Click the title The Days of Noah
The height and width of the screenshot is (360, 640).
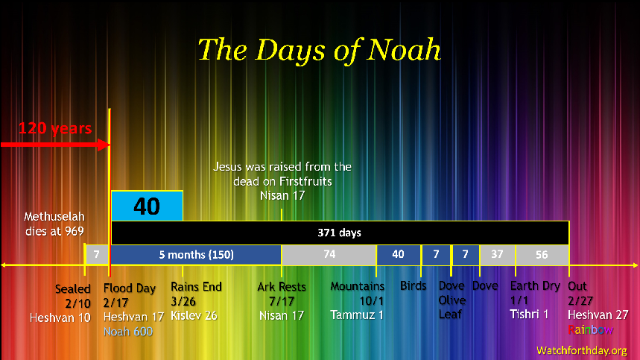click(319, 50)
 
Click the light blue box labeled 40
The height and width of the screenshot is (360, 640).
click(147, 206)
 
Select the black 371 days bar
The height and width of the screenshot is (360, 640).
click(340, 233)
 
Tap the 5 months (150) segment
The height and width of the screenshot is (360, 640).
click(196, 255)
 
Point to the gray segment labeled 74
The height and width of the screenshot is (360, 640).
click(329, 255)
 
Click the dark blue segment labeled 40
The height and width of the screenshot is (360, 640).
click(398, 255)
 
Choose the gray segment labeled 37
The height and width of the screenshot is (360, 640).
click(497, 255)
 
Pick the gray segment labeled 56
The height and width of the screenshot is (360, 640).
click(542, 255)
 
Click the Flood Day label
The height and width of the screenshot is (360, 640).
click(129, 288)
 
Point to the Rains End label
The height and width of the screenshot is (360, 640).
click(196, 286)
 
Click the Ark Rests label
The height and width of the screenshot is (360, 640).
click(282, 287)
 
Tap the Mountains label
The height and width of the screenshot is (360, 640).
click(358, 286)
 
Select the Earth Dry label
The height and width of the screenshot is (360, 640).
click(535, 286)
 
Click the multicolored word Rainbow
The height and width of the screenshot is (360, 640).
click(590, 329)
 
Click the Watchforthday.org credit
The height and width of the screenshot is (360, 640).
click(581, 350)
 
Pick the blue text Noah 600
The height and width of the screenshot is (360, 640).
click(128, 331)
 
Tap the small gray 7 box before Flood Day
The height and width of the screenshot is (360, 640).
click(97, 255)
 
